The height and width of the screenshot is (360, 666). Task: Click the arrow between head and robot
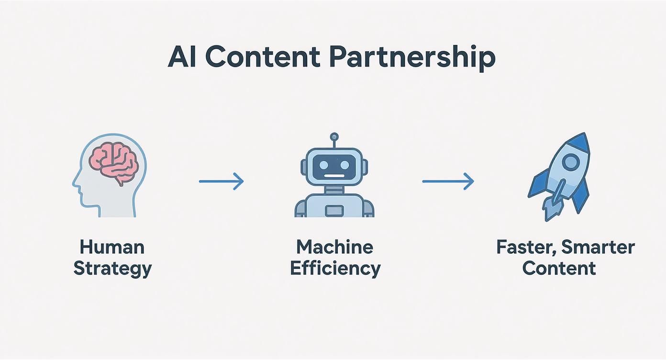tap(221, 181)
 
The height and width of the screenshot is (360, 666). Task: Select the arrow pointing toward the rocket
tap(448, 181)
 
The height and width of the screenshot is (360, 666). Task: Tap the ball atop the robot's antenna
tap(334, 137)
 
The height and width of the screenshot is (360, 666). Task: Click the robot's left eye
tap(324, 166)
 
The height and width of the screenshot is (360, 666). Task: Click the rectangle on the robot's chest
tap(333, 210)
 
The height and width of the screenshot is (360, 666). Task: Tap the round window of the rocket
tap(570, 163)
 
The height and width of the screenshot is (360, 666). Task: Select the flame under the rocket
tap(550, 208)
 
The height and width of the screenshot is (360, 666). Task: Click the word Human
tap(112, 247)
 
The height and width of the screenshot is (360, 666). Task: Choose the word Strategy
tap(112, 268)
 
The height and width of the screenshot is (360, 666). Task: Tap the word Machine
tap(334, 247)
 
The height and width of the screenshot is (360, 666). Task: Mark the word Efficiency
tap(335, 268)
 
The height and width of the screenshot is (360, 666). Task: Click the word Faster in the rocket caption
tap(525, 247)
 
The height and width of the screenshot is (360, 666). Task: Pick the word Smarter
tap(598, 247)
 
